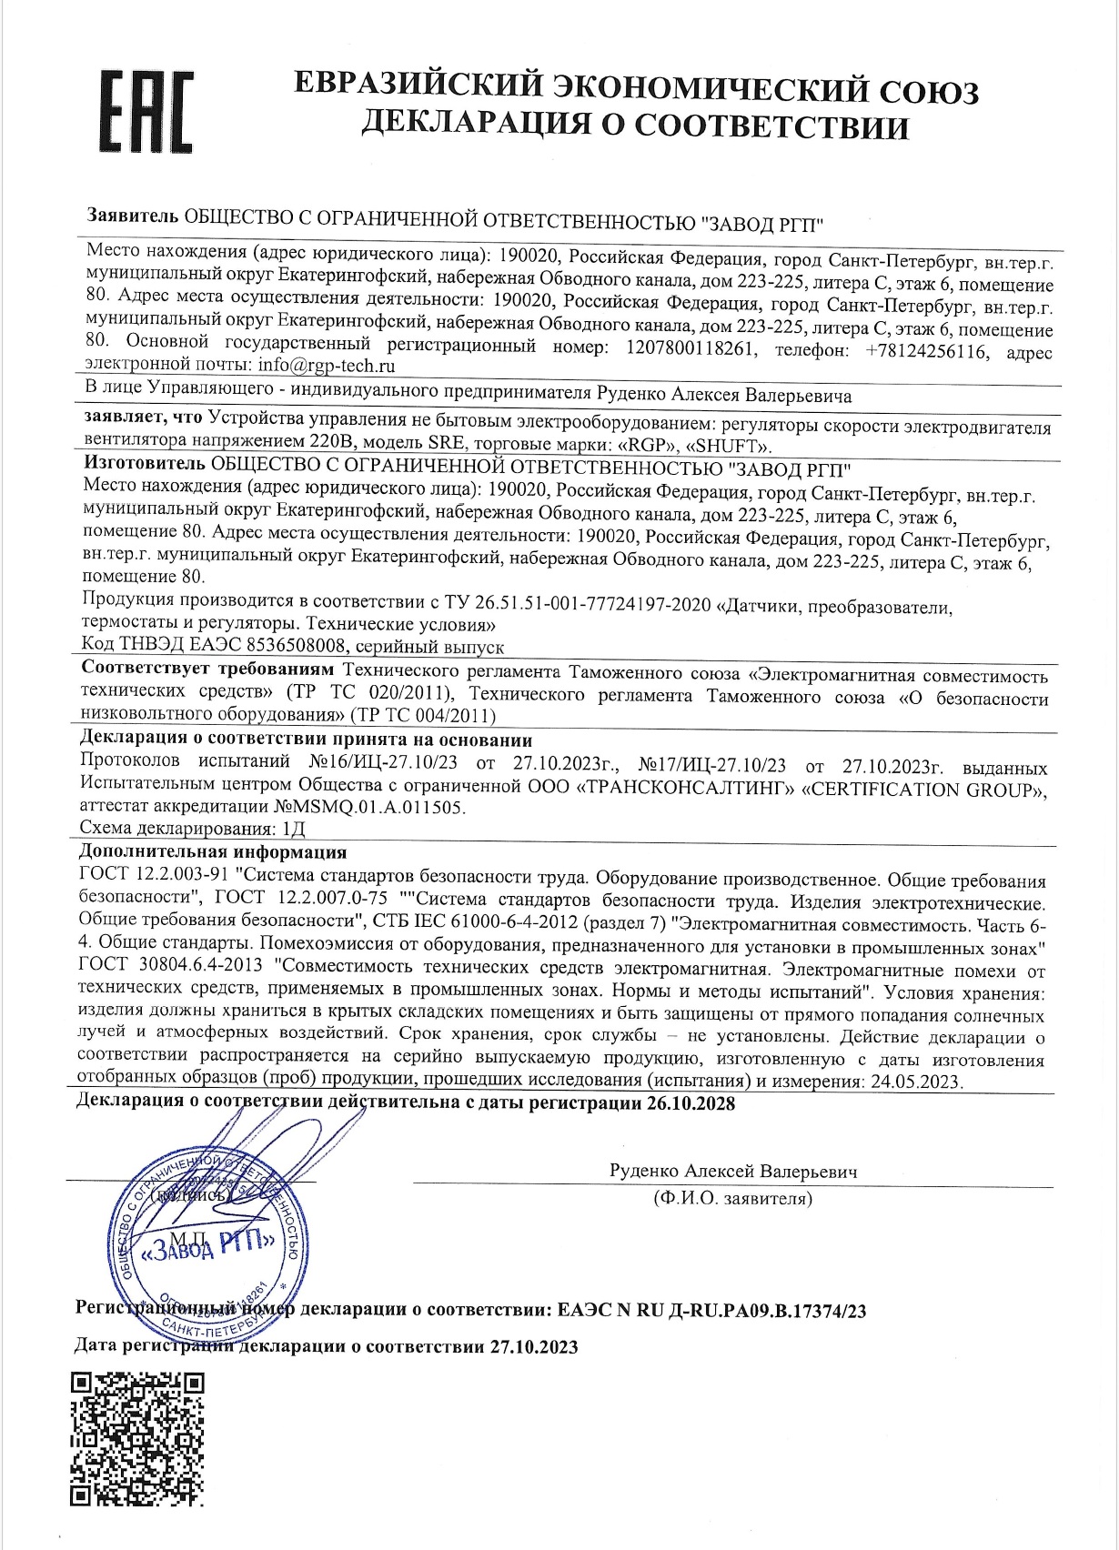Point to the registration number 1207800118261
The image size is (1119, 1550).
click(x=691, y=347)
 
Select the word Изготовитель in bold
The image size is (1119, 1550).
click(x=137, y=469)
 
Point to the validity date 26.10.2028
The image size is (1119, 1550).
click(x=691, y=1104)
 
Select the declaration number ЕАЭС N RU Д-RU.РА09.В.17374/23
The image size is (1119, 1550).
click(x=710, y=1311)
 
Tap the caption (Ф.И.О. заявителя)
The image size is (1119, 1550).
click(x=732, y=1199)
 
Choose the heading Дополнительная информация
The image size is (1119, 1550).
click(x=213, y=852)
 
